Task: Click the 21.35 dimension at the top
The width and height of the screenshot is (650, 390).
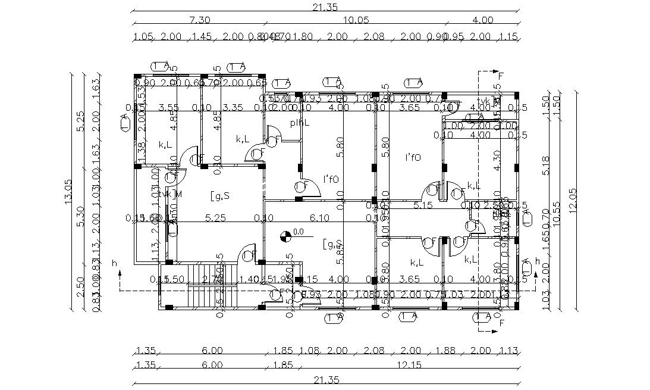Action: tap(325, 7)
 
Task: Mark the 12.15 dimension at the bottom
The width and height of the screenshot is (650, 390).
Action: tap(410, 364)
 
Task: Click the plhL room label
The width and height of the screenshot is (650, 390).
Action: tap(299, 123)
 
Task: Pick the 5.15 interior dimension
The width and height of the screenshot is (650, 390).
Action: tap(422, 205)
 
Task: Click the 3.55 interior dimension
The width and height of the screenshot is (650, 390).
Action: tap(169, 108)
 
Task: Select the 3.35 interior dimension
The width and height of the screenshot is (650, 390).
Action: tap(233, 108)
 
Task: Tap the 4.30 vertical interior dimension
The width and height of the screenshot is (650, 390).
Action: tap(498, 160)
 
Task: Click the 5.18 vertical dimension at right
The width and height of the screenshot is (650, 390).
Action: tap(546, 164)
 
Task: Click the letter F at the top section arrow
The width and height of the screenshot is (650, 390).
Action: tap(501, 76)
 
